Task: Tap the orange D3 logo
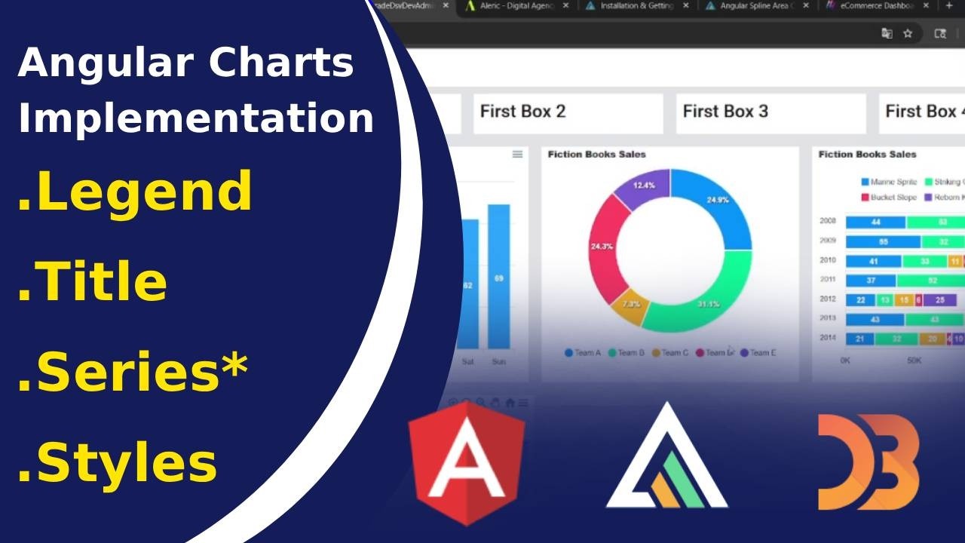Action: [868, 462]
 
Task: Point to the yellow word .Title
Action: [93, 281]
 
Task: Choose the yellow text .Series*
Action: [133, 372]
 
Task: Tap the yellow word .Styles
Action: [118, 462]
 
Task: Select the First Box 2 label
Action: [522, 112]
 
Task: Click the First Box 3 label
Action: [725, 112]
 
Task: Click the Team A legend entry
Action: [583, 353]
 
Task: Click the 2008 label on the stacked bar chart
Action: [828, 222]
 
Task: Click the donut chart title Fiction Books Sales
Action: [596, 155]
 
